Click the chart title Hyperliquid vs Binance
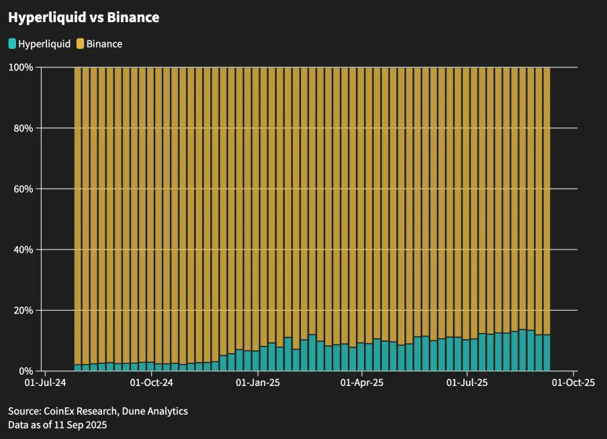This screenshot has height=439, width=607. coord(84,18)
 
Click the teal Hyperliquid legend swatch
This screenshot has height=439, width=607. coord(13,44)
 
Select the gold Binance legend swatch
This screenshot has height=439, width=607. coord(80,44)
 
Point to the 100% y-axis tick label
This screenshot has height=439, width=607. coord(21,67)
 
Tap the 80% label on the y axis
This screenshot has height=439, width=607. coord(24,128)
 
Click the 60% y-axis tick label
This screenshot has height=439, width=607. coord(24,189)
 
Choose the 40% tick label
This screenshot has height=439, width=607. coord(24,250)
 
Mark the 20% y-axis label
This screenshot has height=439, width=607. coord(24,310)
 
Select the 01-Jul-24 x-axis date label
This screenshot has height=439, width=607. coord(45,383)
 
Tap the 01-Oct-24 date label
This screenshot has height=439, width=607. coord(152,383)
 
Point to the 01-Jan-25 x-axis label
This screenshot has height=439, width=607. coord(258,383)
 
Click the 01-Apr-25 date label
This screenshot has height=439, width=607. coord(362,383)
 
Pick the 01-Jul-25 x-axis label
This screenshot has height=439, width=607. coord(467,383)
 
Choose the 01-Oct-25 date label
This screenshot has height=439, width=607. coord(573,383)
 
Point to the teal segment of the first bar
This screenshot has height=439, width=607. coord(78,368)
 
